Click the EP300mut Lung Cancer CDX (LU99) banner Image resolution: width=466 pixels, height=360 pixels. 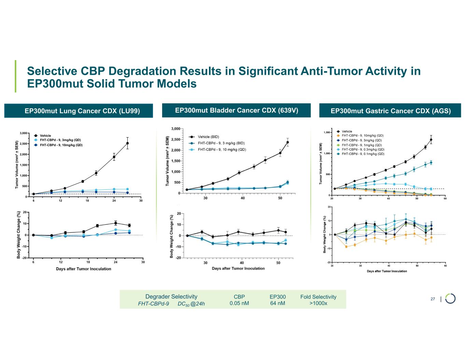(x=79, y=111)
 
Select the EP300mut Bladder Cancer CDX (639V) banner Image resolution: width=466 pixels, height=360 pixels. (x=236, y=111)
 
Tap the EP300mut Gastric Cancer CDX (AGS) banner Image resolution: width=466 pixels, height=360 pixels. (x=390, y=111)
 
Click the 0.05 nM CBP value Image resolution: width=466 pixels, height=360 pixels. (x=239, y=303)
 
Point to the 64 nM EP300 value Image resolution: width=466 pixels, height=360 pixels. (x=277, y=303)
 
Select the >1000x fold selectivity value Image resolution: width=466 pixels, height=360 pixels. (x=318, y=303)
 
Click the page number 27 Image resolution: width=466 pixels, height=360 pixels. (x=433, y=299)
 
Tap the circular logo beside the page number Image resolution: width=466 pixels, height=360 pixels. (x=450, y=298)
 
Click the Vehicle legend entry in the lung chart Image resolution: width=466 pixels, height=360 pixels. (x=45, y=136)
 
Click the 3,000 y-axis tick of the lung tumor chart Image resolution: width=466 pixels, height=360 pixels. (x=23, y=133)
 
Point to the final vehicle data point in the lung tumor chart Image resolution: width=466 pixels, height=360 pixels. (x=127, y=143)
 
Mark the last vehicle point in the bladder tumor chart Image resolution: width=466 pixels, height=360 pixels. (x=287, y=142)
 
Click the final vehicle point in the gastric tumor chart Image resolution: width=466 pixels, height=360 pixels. (x=431, y=140)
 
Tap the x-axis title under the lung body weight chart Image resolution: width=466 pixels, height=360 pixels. (x=83, y=269)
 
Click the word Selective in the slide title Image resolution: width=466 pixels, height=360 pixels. (x=52, y=71)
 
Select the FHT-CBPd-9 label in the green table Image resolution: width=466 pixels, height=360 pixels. (x=153, y=303)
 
